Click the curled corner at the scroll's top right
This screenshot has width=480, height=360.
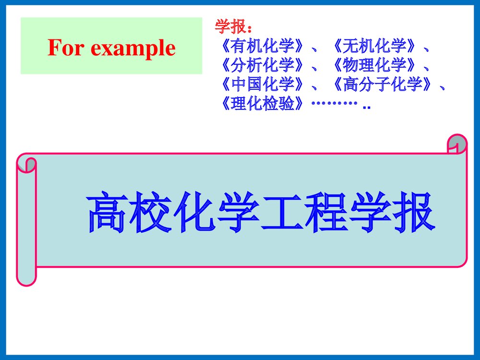pos(457,144)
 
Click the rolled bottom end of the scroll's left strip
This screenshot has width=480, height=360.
pos(26,277)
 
